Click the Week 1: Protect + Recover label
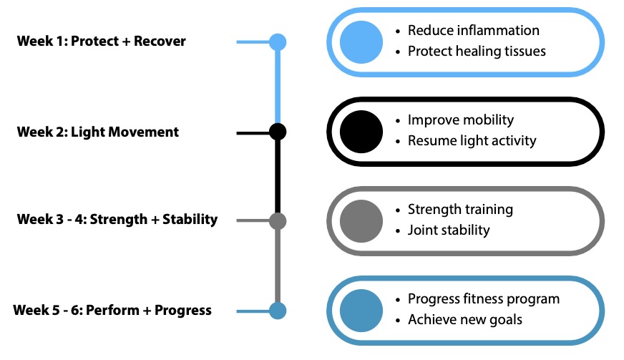click(101, 41)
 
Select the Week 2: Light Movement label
click(98, 132)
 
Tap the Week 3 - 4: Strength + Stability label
click(117, 220)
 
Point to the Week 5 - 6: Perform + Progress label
click(112, 310)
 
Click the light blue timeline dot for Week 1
click(278, 42)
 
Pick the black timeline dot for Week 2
click(278, 132)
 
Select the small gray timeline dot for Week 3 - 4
click(278, 221)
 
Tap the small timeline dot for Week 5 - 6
click(278, 311)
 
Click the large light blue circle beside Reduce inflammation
click(361, 42)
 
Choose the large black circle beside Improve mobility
click(361, 132)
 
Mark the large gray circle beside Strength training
click(361, 221)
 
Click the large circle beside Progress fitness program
click(361, 311)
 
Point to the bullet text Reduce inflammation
click(474, 30)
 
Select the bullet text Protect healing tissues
click(477, 52)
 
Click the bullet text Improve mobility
click(461, 120)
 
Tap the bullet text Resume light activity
click(472, 140)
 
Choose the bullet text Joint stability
click(449, 230)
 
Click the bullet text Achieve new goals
click(465, 320)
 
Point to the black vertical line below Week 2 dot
click(278, 176)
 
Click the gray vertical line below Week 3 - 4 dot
click(278, 266)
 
